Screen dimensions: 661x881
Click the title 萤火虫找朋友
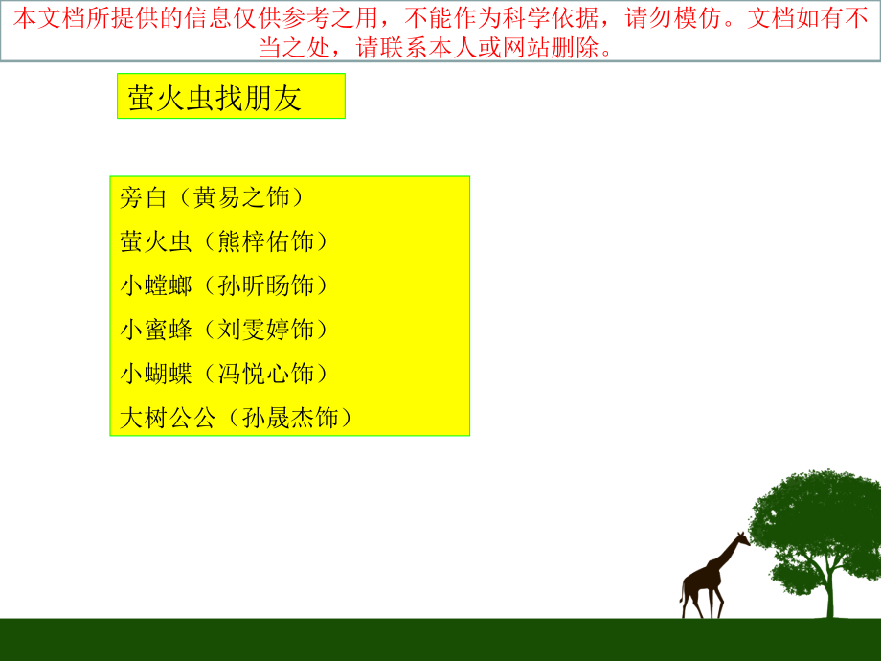click(x=215, y=98)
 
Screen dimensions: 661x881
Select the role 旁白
click(x=145, y=198)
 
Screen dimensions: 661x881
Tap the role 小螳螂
click(x=156, y=285)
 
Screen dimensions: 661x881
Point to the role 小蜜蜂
click(x=156, y=330)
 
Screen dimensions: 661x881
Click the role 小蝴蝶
click(x=156, y=374)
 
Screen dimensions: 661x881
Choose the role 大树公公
click(x=169, y=418)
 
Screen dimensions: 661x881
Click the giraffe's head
click(x=744, y=538)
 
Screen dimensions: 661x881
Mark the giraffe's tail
click(x=683, y=589)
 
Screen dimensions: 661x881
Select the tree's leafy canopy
click(x=814, y=517)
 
